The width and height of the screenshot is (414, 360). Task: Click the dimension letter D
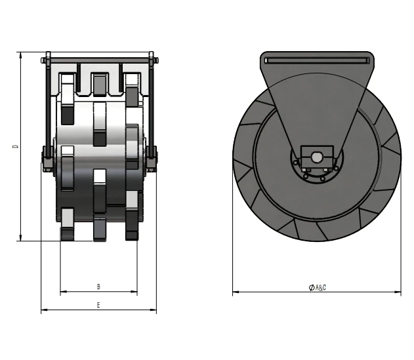click(15, 146)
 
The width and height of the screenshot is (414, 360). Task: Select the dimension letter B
click(98, 287)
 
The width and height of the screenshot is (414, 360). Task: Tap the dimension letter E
click(98, 305)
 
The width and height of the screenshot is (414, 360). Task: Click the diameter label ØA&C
click(318, 287)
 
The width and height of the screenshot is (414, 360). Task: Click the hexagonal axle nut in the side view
click(317, 157)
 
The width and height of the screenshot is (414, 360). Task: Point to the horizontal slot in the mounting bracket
click(317, 60)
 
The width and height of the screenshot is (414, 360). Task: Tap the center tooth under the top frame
click(99, 85)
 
